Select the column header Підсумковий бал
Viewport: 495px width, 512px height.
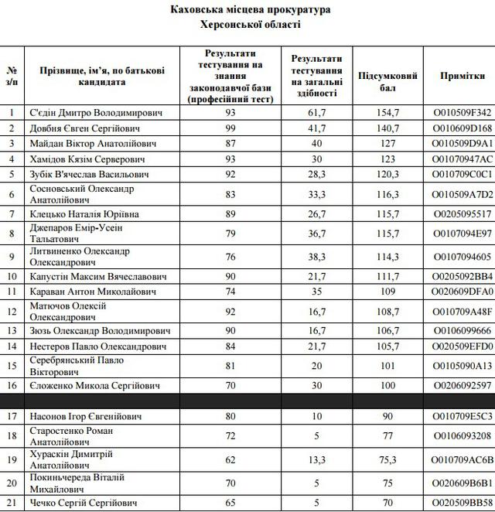pyautogui.click(x=388, y=81)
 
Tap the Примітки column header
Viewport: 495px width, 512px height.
pyautogui.click(x=463, y=76)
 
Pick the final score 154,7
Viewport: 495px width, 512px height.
pyautogui.click(x=388, y=112)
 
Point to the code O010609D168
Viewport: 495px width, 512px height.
pyautogui.click(x=463, y=128)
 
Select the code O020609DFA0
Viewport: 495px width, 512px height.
pyautogui.click(x=463, y=292)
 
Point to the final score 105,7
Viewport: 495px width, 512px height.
pyautogui.click(x=388, y=346)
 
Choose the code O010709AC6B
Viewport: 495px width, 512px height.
pyautogui.click(x=463, y=459)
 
